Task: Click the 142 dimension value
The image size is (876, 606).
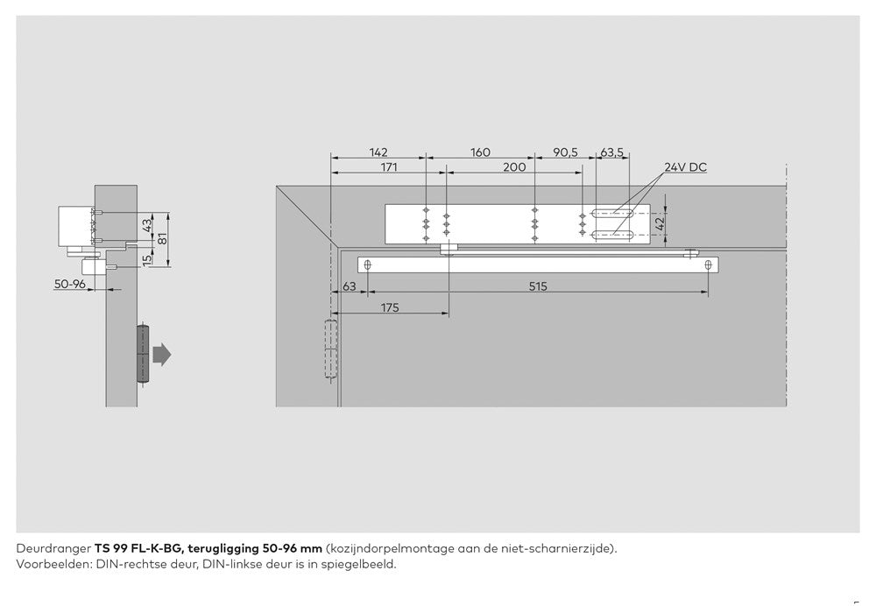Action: (378, 151)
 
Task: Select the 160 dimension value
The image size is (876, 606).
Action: (480, 151)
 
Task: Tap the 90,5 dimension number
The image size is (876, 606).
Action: (565, 151)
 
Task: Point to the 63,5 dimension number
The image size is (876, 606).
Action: (611, 151)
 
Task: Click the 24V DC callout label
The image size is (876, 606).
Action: (685, 167)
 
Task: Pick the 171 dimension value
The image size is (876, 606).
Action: (389, 167)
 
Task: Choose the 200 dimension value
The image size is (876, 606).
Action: (514, 167)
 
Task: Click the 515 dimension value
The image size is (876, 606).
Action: (538, 286)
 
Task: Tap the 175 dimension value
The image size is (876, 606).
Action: (390, 307)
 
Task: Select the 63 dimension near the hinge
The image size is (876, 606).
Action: (350, 286)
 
